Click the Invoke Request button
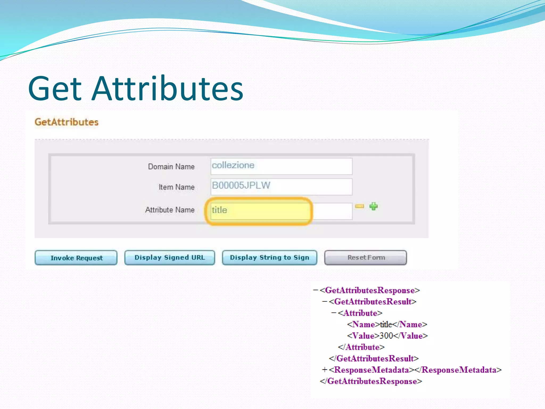point(76,258)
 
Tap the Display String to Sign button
point(269,257)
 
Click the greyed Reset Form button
point(366,257)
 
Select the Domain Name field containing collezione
point(281,166)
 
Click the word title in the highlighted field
point(220,210)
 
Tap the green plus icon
point(373,206)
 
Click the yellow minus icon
point(360,206)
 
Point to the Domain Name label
point(171,167)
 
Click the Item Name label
point(176,187)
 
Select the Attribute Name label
point(170,210)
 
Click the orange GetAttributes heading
point(67,122)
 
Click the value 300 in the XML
point(386,336)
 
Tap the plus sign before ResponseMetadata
point(324,370)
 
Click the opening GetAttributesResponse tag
point(370,290)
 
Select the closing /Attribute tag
point(361,347)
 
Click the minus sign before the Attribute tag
point(334,313)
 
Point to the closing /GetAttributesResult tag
point(374,358)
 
